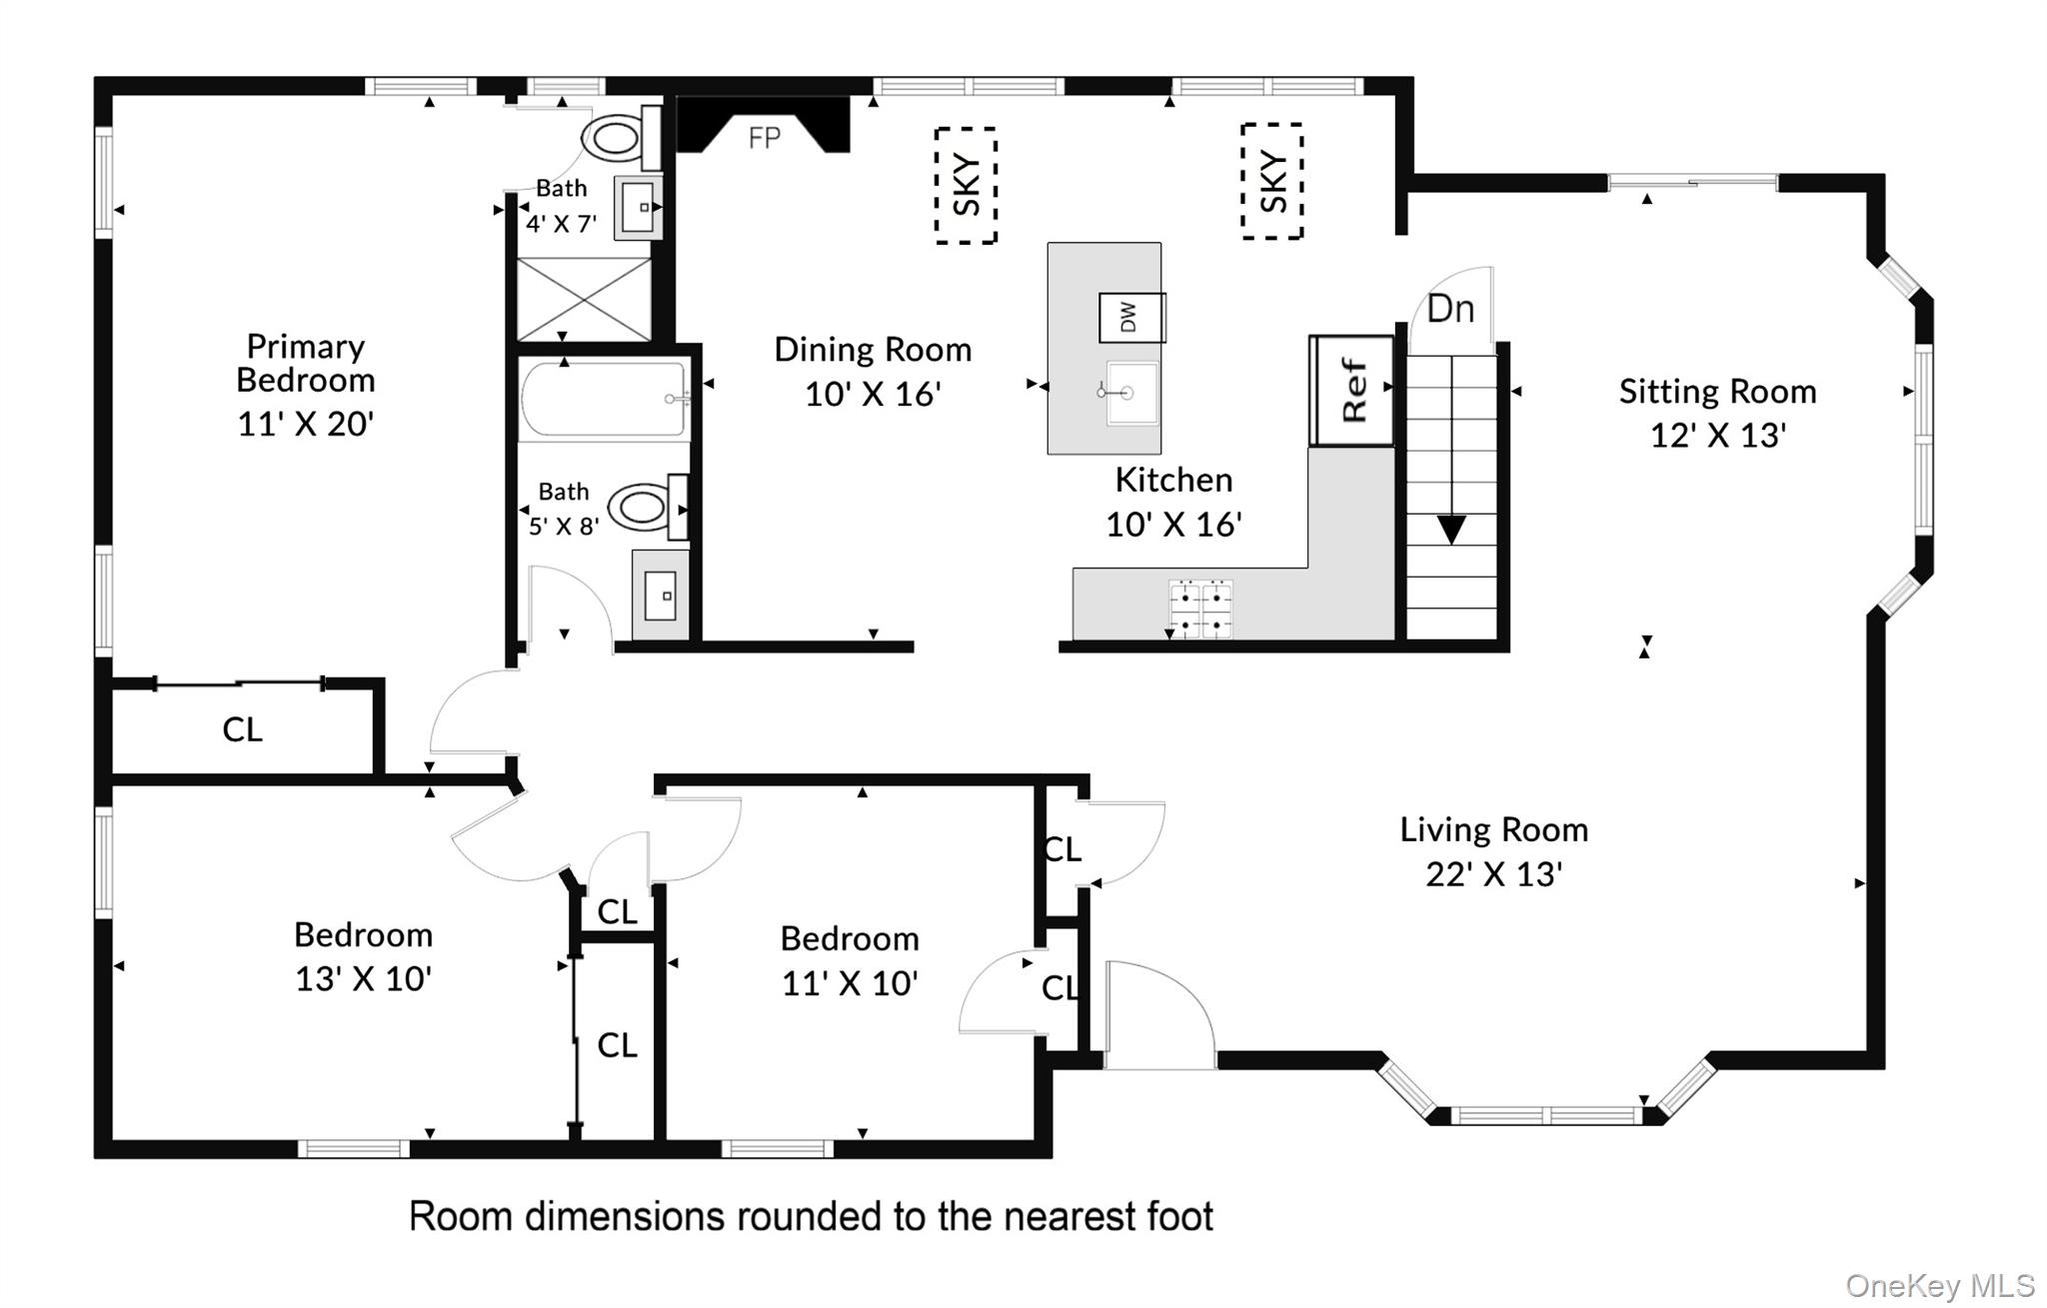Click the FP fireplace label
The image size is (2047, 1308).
point(765,138)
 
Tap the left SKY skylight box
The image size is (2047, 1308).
point(966,186)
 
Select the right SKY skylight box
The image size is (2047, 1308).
point(1271,182)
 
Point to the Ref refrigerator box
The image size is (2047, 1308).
point(1352,390)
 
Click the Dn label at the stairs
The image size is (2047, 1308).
point(1450,309)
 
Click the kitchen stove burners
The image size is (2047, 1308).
point(1200,609)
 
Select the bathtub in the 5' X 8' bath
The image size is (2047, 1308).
point(604,400)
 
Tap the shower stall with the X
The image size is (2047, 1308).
point(584,299)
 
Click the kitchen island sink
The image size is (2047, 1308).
point(1130,393)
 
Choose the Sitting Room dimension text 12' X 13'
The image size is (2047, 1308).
point(1717,436)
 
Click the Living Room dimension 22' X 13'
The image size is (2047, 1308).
point(1493,874)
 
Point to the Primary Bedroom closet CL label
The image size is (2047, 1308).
point(243,729)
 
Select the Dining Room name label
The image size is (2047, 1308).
point(873,350)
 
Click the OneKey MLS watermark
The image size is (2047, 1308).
point(1940,1285)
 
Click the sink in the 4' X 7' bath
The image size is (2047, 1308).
point(638,208)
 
